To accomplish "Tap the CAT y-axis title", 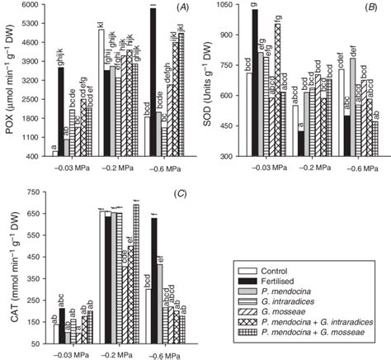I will coord(10,266).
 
